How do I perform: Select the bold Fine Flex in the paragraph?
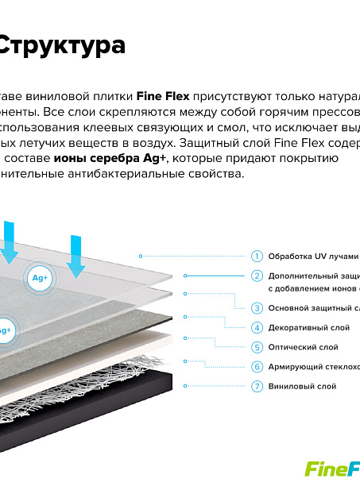[x=162, y=95]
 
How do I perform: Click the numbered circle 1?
[x=257, y=256]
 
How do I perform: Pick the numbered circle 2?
[x=257, y=276]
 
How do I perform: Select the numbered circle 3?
[x=257, y=307]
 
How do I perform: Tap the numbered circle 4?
[x=257, y=327]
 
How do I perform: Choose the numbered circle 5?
[x=257, y=347]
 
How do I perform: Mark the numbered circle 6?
[x=257, y=367]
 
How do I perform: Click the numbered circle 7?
[x=257, y=386]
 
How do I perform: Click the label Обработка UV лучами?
[x=313, y=257]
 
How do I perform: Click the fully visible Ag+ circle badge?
[x=40, y=278]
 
